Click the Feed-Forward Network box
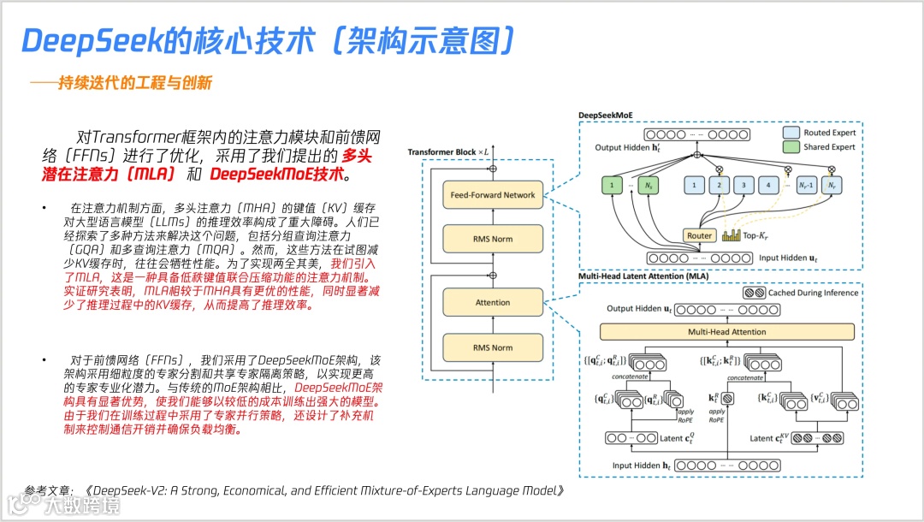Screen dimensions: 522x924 (493, 195)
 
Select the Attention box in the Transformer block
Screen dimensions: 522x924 (493, 302)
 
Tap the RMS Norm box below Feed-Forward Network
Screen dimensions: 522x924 (493, 239)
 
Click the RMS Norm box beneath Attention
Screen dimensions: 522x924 (493, 347)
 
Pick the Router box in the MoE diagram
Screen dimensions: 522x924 (698, 235)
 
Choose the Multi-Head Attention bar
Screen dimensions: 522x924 (726, 331)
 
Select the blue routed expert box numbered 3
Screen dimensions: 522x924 (744, 184)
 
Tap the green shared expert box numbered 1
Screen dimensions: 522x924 (613, 184)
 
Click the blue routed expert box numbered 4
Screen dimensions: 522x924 (770, 184)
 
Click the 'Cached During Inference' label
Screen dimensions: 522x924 (813, 293)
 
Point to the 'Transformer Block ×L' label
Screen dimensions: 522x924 (448, 151)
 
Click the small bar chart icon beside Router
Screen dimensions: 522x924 (731, 234)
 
